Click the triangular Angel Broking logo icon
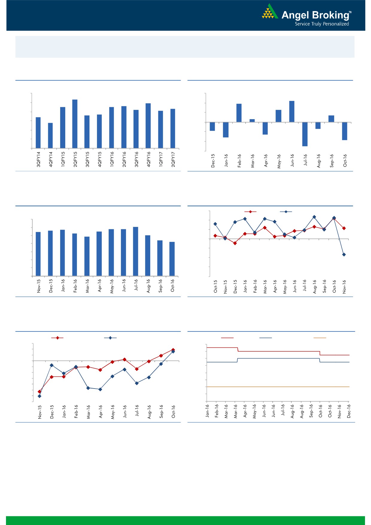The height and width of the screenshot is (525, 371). (270, 12)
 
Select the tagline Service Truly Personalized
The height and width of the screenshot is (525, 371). (322, 24)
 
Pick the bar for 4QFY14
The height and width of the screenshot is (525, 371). (50, 135)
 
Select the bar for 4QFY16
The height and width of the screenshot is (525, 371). (148, 125)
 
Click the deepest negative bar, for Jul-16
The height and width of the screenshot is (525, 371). (305, 134)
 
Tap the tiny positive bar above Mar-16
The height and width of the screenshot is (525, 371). (252, 121)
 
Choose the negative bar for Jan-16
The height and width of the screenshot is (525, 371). (226, 130)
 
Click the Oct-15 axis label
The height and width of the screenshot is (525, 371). (215, 286)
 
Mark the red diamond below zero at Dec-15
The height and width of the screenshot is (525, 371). (235, 243)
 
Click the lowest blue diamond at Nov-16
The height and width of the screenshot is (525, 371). (344, 254)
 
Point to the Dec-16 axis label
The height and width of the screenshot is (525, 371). (349, 411)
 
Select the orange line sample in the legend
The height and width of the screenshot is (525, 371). (320, 338)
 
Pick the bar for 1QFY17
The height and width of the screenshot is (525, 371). (161, 129)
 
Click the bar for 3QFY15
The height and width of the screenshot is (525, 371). (87, 132)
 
